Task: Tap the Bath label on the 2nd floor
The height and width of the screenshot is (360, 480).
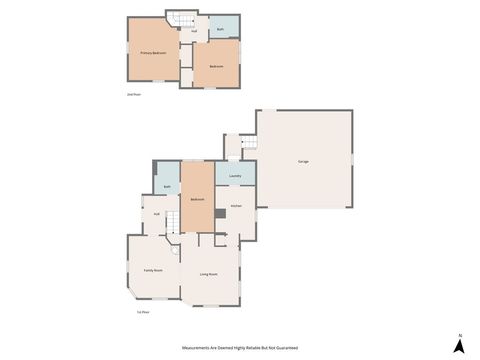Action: tap(221, 30)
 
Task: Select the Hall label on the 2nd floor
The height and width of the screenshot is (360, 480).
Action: tap(193, 31)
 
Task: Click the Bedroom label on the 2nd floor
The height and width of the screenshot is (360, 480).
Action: tap(214, 66)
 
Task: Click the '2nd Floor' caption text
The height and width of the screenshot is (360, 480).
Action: tap(134, 94)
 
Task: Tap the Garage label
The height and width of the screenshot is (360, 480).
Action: tap(303, 160)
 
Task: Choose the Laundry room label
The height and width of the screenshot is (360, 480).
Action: tap(235, 175)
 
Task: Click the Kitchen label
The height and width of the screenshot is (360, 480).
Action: tap(236, 206)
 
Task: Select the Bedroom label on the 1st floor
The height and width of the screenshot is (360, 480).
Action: tap(198, 199)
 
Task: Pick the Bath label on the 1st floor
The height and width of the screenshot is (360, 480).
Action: tap(166, 187)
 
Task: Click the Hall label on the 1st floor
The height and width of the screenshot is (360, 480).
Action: tap(157, 213)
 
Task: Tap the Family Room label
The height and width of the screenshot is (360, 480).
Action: tap(152, 270)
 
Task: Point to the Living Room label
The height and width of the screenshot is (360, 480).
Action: tap(209, 274)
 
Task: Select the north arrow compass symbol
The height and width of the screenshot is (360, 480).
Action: tap(458, 345)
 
